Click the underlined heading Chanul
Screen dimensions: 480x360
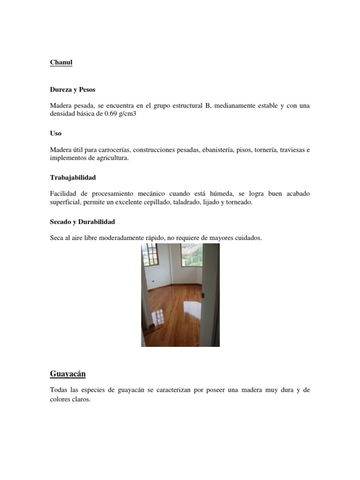[x=61, y=62]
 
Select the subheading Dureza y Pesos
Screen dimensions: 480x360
[x=72, y=89]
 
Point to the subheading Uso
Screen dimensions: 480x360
[x=55, y=133]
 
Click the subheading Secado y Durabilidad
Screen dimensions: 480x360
[x=82, y=221]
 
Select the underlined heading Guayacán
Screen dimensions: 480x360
[x=67, y=374]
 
